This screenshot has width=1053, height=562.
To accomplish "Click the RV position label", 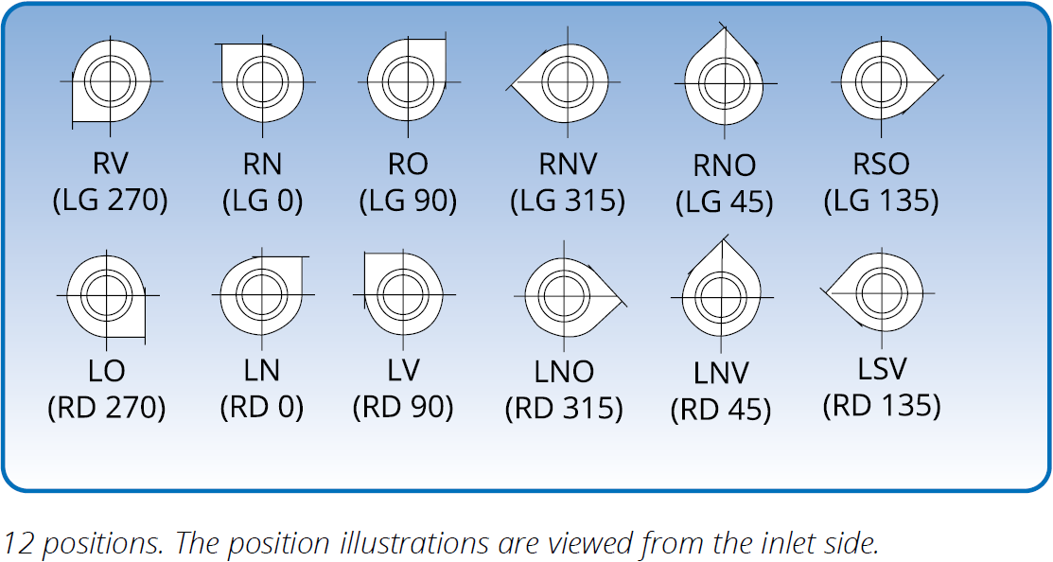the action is tap(111, 163).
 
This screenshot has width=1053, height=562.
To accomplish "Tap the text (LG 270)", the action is tap(110, 200).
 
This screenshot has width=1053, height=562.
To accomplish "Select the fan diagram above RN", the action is tap(263, 82).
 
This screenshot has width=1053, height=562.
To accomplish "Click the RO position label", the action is tap(408, 163).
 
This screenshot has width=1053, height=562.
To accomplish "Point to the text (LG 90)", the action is tap(408, 200).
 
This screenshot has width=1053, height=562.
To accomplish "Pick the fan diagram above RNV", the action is tap(563, 82).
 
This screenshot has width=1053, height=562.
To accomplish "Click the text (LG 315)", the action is tap(568, 200).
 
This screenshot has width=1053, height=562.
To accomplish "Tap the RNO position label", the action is tap(725, 166).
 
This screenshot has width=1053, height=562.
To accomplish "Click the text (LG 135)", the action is tap(881, 200).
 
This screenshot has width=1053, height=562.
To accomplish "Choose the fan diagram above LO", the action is tap(107, 295).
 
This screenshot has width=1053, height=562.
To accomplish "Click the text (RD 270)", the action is tap(107, 407).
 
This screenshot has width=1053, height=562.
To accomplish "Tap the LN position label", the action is tap(262, 370).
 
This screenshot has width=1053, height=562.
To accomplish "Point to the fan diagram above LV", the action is tap(404, 294).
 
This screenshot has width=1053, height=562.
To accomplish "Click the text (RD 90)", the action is tap(403, 407).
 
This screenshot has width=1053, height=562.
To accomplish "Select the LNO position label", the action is tap(564, 372).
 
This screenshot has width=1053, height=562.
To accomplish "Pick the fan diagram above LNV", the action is tap(723, 294).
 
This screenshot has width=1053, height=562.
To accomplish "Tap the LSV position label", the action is tap(883, 369).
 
